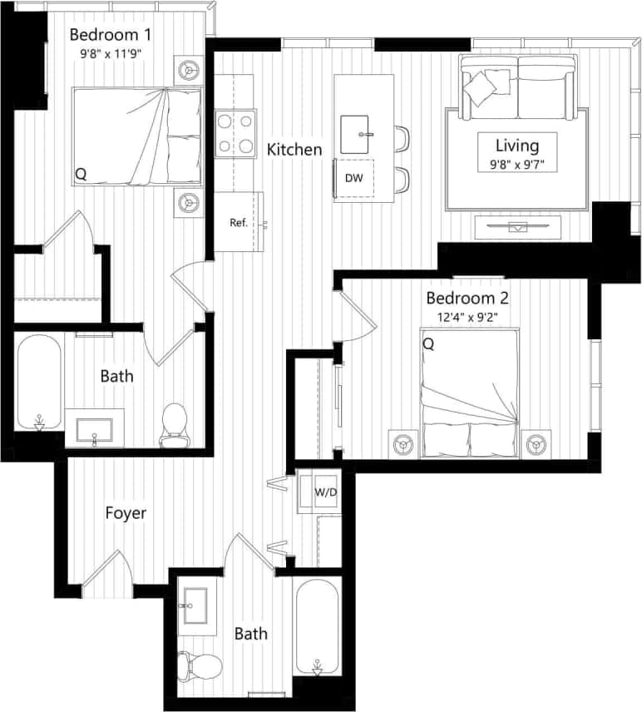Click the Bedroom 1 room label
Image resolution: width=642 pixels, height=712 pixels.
point(111,35)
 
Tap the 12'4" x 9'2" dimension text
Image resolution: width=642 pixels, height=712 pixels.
point(468,316)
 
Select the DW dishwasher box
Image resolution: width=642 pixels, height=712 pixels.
point(353,178)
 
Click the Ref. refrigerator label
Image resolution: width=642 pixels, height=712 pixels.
point(239,223)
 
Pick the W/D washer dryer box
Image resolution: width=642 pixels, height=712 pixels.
point(326,492)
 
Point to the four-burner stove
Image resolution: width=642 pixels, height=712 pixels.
point(235,134)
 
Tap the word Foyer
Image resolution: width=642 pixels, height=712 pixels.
point(126,513)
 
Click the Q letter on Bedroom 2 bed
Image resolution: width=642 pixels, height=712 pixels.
point(428,343)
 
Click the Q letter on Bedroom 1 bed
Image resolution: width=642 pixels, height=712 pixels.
point(81,174)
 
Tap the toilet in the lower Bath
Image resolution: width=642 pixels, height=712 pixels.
point(200,665)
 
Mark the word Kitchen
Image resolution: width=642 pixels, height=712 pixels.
point(294,150)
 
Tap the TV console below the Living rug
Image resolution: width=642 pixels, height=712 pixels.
point(518,225)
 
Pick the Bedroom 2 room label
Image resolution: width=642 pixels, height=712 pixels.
point(467,298)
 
